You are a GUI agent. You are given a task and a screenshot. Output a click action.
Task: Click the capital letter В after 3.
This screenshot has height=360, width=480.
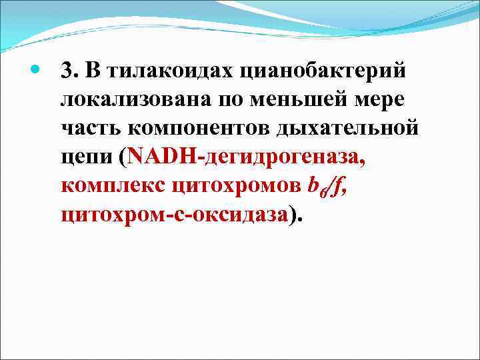tap(89, 70)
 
